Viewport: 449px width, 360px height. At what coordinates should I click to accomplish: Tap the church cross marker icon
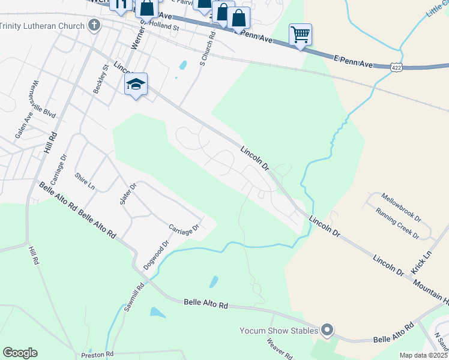tap(94, 25)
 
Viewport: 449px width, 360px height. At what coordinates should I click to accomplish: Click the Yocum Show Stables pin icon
tap(327, 329)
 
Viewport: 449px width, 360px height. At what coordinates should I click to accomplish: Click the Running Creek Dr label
tap(397, 224)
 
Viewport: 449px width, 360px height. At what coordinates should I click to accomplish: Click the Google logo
tap(20, 353)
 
